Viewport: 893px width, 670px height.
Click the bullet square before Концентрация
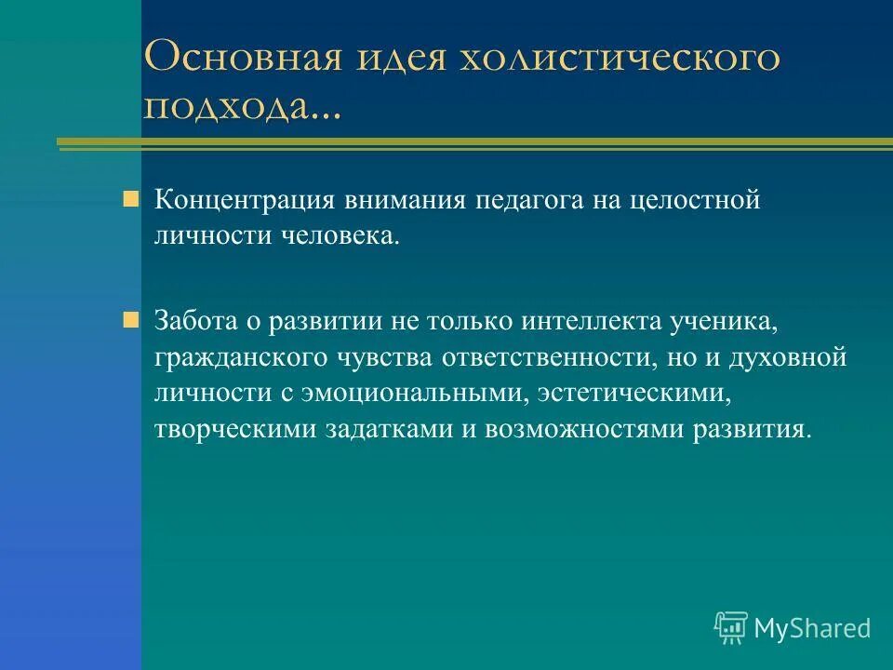coord(131,198)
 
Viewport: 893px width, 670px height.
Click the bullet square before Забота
coord(131,319)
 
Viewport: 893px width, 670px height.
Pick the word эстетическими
coord(632,394)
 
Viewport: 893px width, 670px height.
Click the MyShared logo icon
coord(731,628)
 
